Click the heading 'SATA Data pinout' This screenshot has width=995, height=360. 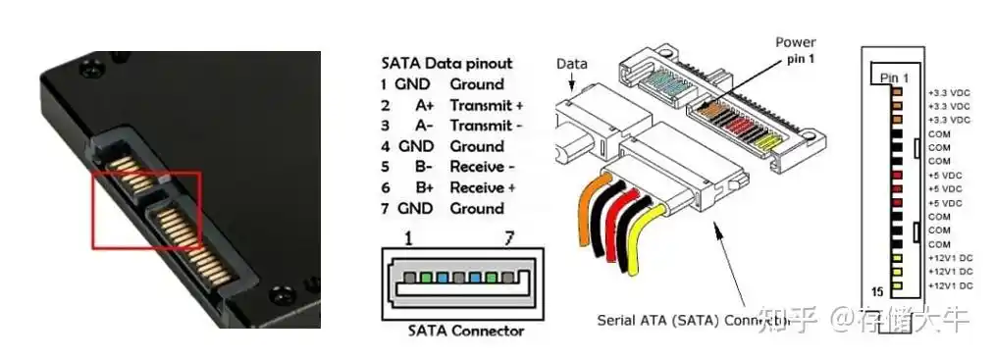446,63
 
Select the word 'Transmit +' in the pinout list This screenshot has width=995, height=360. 486,104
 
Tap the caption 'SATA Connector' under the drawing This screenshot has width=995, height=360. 465,331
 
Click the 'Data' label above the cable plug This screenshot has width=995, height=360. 572,64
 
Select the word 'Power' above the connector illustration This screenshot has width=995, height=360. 796,42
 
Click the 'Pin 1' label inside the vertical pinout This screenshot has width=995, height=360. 894,77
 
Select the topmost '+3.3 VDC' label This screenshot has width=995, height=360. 949,92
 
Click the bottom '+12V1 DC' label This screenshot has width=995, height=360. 949,284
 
